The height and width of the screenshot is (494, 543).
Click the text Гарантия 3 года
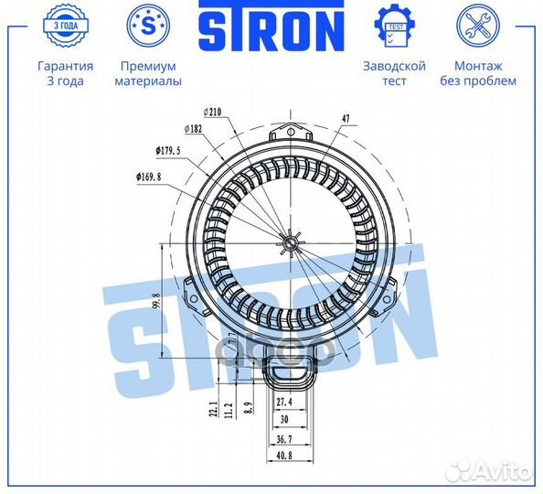[65, 73]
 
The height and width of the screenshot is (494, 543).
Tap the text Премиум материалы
[147, 73]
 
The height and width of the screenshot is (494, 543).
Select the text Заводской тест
[394, 73]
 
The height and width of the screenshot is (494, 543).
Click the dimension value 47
[346, 119]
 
